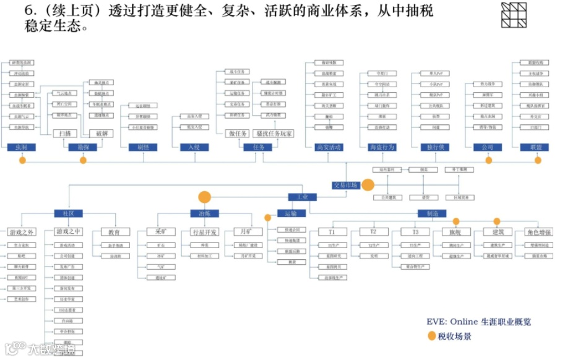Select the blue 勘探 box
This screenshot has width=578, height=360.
click(83, 147)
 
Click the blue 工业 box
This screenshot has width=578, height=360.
click(303, 197)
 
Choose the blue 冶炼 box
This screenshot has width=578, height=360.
click(205, 213)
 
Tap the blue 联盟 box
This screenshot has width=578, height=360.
click(535, 147)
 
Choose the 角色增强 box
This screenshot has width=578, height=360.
click(538, 232)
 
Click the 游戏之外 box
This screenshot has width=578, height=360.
click(22, 232)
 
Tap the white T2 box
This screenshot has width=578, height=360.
click(373, 232)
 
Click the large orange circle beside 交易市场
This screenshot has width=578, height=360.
click(368, 185)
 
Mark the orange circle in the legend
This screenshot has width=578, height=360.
click(431, 336)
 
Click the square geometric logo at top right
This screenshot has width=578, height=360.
click(513, 15)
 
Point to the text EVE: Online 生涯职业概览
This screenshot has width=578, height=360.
click(478, 322)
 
